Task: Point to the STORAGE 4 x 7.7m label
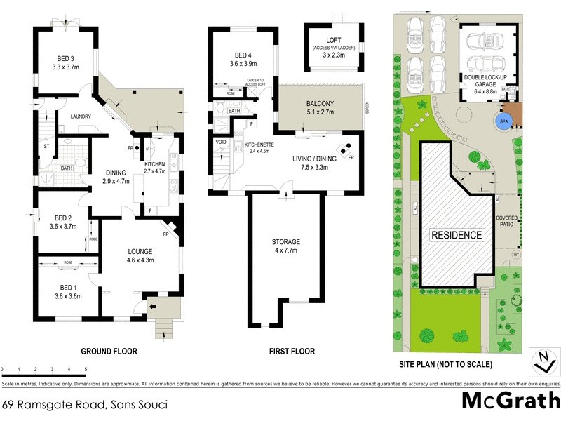click(x=285, y=246)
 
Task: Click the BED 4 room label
click(x=242, y=60)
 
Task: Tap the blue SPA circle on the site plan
click(x=502, y=121)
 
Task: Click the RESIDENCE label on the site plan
click(x=456, y=235)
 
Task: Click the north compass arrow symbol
click(x=541, y=362)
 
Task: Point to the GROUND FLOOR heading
click(x=109, y=352)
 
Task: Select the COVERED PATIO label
click(x=506, y=222)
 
